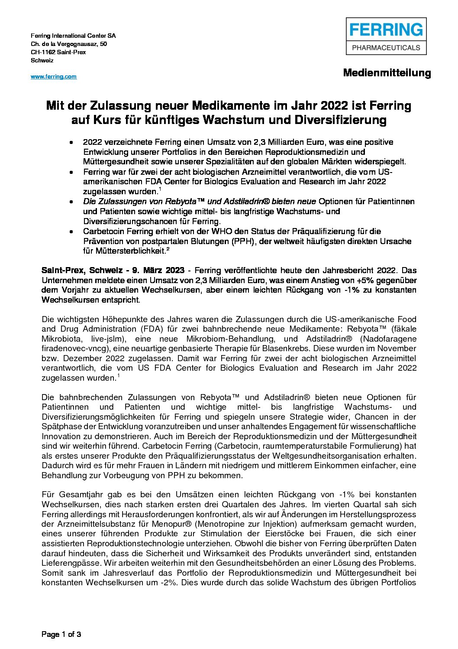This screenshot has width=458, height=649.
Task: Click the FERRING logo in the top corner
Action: click(x=386, y=36)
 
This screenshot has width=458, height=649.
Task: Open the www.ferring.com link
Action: click(x=53, y=77)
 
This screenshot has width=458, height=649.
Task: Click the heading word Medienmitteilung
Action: click(x=387, y=73)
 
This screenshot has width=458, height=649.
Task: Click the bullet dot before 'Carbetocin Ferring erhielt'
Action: click(x=71, y=232)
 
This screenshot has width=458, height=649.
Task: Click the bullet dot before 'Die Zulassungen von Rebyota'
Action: click(x=71, y=202)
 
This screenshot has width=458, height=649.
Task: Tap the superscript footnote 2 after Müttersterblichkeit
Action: click(x=168, y=249)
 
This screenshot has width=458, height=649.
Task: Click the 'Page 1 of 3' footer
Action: click(x=61, y=634)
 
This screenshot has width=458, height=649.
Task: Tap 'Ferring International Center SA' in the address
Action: click(x=73, y=36)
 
